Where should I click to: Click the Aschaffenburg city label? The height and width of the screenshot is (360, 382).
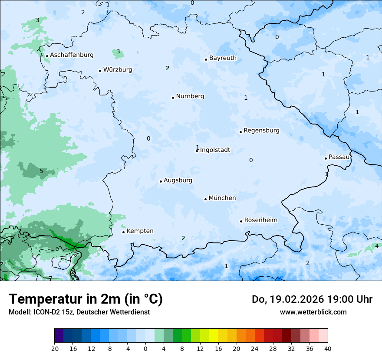[x=72, y=55]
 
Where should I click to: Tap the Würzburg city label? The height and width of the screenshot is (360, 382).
[x=118, y=70]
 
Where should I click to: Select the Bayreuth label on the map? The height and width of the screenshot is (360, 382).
[x=223, y=58]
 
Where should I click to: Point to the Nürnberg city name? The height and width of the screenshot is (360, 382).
[x=190, y=96]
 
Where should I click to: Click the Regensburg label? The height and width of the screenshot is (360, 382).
[x=261, y=131]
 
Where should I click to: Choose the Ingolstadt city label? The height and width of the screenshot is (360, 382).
[x=215, y=150]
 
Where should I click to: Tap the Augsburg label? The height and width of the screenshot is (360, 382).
[x=178, y=180]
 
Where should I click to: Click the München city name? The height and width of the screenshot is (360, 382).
[x=222, y=198]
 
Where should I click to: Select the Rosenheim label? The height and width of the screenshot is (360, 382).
[x=260, y=220]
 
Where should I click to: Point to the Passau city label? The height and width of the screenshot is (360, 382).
[x=339, y=157]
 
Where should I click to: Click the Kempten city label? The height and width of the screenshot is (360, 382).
[x=140, y=231]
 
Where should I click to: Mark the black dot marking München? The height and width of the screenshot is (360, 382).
[x=205, y=199]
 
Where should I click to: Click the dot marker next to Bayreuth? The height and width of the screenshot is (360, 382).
[x=206, y=59]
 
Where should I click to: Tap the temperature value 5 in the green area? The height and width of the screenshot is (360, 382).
[x=41, y=171]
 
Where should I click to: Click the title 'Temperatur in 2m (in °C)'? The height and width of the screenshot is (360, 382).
[x=86, y=299]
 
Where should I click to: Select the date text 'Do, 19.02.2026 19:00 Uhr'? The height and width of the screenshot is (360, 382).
[x=312, y=299]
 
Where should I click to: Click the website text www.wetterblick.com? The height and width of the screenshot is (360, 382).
[x=313, y=312]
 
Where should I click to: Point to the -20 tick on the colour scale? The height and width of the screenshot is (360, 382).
[x=54, y=348]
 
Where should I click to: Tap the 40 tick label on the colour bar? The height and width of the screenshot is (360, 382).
[x=328, y=348]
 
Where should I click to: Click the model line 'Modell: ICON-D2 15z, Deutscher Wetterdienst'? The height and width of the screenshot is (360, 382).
[x=79, y=312]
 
